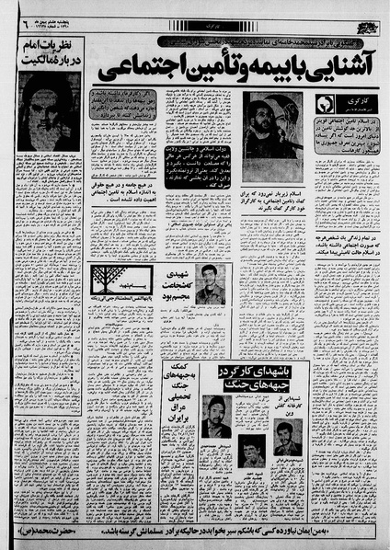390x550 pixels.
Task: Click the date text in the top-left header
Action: tap(37, 17)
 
